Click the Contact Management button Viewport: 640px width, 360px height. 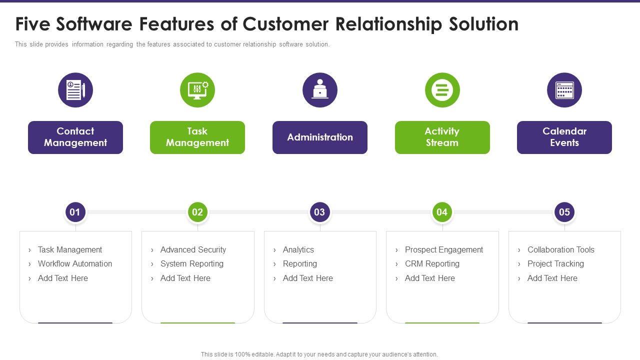pyautogui.click(x=75, y=137)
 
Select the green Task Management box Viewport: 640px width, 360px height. pyautogui.click(x=197, y=137)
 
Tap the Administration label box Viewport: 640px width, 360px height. pyautogui.click(x=320, y=137)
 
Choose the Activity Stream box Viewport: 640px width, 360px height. pyautogui.click(x=442, y=137)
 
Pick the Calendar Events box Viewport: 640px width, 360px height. pyautogui.click(x=564, y=137)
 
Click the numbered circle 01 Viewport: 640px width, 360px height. pyautogui.click(x=75, y=212)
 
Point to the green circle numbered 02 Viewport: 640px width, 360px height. pyautogui.click(x=197, y=212)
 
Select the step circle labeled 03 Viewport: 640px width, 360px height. pyautogui.click(x=319, y=212)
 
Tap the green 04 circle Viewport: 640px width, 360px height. pyautogui.click(x=442, y=212)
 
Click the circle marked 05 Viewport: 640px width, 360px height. pyautogui.click(x=564, y=212)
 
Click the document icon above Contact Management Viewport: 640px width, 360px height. pyautogui.click(x=75, y=90)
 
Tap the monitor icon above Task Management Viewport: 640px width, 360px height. pyautogui.click(x=197, y=90)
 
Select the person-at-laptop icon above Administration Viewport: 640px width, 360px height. pyautogui.click(x=320, y=90)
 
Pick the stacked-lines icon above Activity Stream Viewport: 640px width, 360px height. pyautogui.click(x=442, y=90)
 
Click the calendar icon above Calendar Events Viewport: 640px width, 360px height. pyautogui.click(x=564, y=90)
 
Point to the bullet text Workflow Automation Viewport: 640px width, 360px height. pyautogui.click(x=75, y=263)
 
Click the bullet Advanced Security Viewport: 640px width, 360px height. pyautogui.click(x=193, y=249)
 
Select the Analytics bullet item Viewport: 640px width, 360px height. pyautogui.click(x=298, y=249)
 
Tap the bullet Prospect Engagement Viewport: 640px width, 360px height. pyautogui.click(x=444, y=249)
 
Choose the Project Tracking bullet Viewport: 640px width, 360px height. pyautogui.click(x=555, y=263)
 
